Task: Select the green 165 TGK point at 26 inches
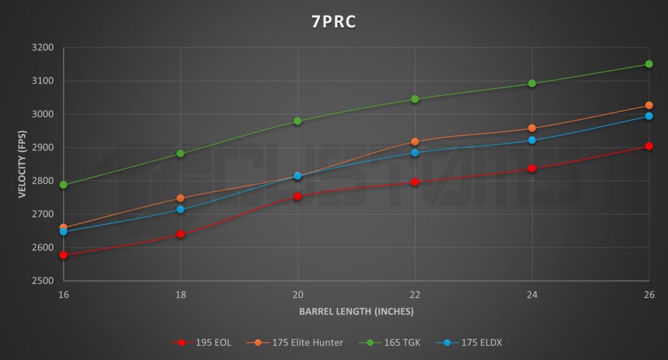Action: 649,64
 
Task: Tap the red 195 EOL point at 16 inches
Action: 63,255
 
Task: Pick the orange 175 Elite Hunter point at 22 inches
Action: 414,142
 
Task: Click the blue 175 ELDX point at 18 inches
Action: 181,210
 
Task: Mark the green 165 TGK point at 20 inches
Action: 298,121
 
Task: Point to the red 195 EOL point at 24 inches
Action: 532,168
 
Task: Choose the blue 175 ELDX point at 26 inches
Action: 649,116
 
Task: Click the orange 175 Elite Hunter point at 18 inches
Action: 181,198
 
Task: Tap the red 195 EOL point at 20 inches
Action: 298,196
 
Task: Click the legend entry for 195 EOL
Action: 201,342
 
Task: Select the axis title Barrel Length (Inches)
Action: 356,311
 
